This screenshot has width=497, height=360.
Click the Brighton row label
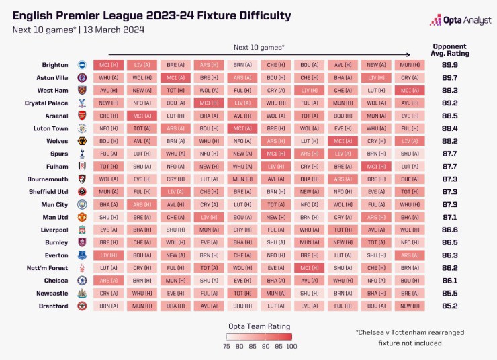(x=55, y=65)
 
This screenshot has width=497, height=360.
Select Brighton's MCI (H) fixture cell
(x=109, y=65)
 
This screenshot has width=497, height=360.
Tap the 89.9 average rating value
(x=451, y=65)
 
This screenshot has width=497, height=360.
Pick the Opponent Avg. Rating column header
(x=451, y=50)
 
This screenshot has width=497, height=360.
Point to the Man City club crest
(x=82, y=204)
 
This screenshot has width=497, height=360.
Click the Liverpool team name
(x=54, y=230)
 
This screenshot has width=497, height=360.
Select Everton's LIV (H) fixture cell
(x=109, y=255)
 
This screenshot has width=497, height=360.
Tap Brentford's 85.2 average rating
(x=451, y=306)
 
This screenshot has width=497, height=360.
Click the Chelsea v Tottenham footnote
(x=410, y=337)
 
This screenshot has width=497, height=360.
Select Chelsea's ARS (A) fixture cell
(x=109, y=280)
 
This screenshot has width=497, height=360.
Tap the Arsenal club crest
(x=82, y=116)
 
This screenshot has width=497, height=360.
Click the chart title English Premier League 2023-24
(x=152, y=15)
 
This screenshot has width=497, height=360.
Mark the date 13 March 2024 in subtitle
(x=115, y=30)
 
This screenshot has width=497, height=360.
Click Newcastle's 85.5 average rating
(x=451, y=293)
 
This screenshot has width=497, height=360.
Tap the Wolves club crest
(x=82, y=141)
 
